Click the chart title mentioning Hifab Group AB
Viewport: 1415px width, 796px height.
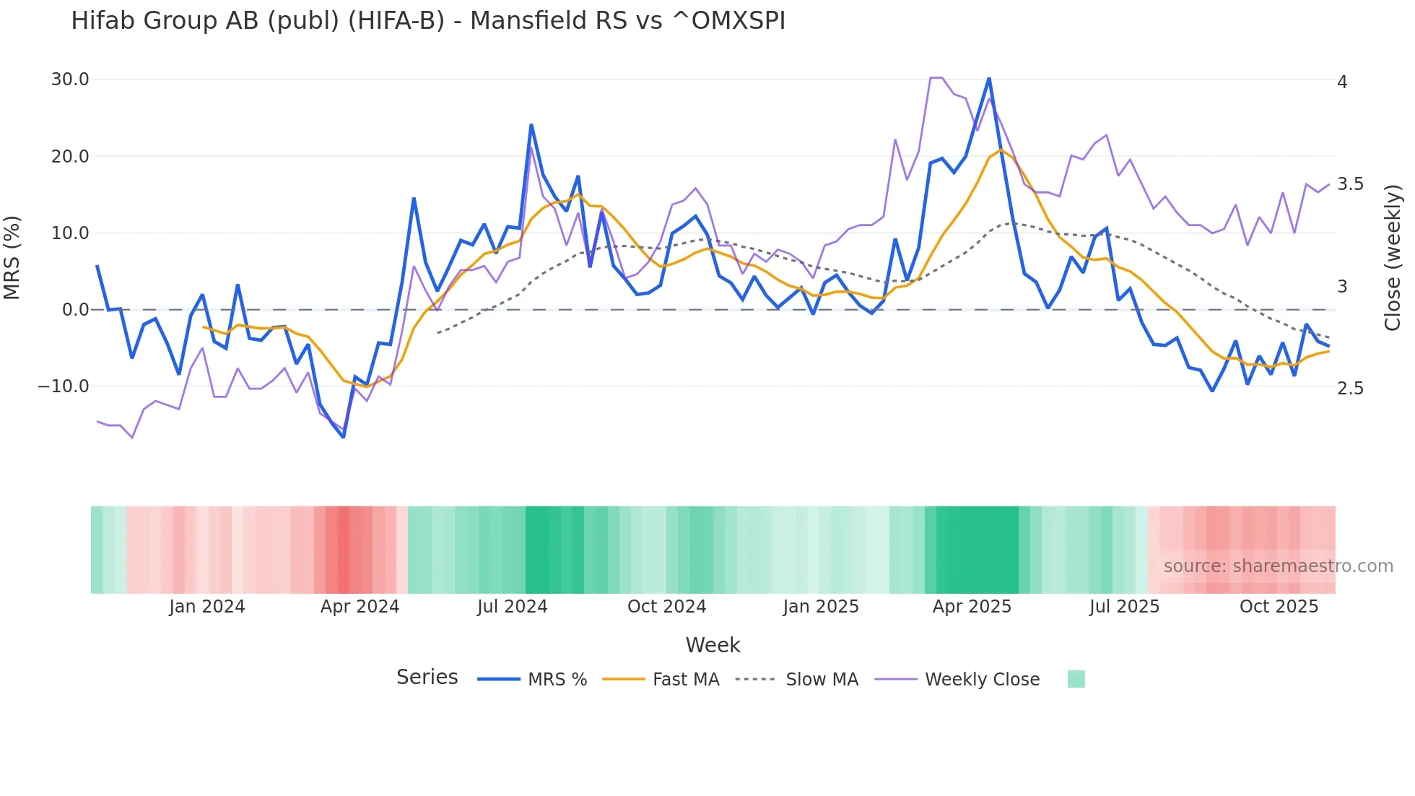pos(428,21)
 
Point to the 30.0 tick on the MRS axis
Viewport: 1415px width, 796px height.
pos(70,79)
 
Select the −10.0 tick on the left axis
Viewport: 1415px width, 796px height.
pos(64,386)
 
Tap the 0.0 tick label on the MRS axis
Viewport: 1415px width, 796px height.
pos(75,310)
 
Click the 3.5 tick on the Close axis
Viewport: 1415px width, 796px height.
pos(1351,184)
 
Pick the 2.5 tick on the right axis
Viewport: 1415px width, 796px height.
pos(1351,389)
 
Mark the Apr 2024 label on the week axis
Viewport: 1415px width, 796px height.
pos(360,607)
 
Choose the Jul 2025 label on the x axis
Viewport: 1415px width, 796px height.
pos(1124,607)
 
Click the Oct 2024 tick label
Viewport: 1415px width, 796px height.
pos(666,607)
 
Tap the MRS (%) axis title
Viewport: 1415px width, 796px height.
pos(12,257)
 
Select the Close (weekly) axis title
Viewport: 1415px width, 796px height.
pos(1393,257)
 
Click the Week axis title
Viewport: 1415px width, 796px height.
pos(713,645)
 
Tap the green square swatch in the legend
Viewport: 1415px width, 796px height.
pos(1076,679)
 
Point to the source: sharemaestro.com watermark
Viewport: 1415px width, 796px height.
pos(1278,566)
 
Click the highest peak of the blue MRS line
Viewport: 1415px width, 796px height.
pos(989,78)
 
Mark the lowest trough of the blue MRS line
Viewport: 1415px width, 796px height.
pos(344,437)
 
